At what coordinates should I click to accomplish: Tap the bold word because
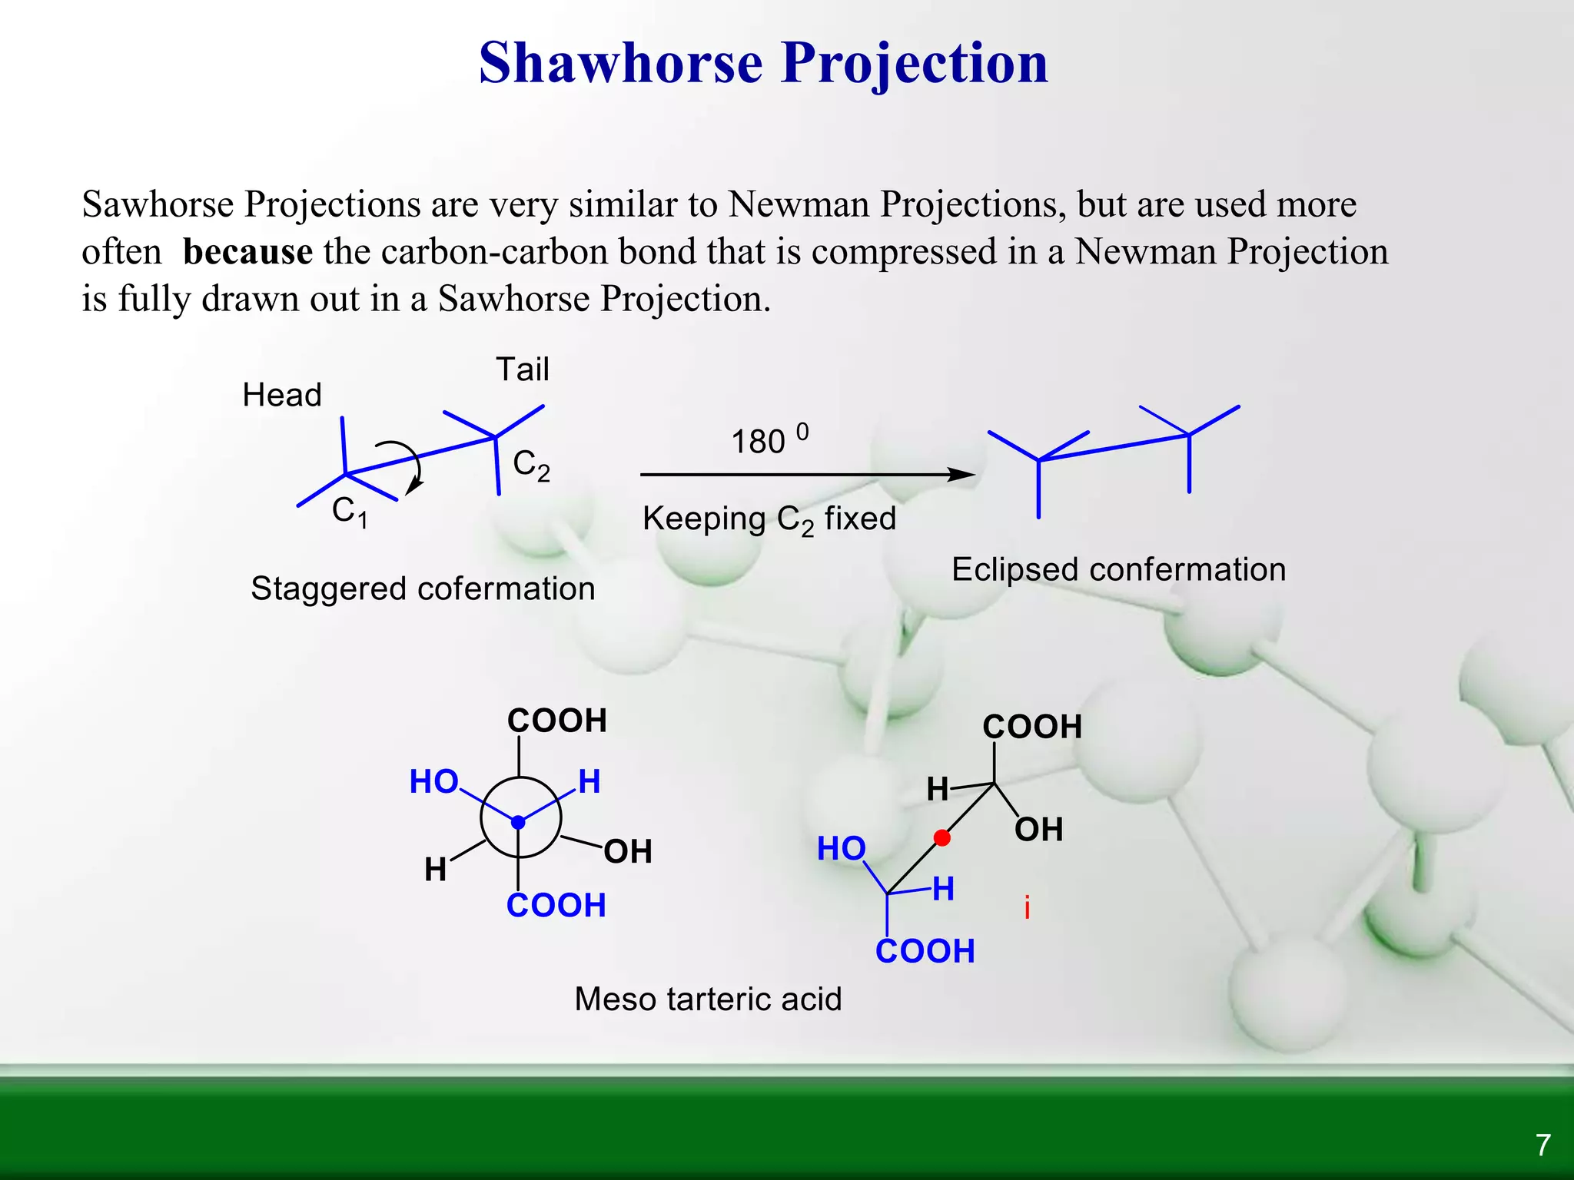(247, 252)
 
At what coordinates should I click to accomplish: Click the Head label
(281, 395)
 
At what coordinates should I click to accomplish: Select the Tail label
(523, 370)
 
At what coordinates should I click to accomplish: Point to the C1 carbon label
(350, 512)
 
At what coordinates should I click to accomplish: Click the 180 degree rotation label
(769, 440)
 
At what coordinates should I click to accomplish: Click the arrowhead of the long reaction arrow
(962, 475)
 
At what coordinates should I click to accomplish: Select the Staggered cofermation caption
(423, 589)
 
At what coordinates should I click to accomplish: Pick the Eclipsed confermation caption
(1118, 570)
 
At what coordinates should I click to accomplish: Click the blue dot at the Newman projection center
(519, 822)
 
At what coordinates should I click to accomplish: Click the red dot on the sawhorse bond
(942, 838)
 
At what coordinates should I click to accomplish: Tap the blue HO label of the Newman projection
(434, 782)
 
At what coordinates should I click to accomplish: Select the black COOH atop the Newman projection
(557, 721)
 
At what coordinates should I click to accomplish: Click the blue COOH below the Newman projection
(556, 906)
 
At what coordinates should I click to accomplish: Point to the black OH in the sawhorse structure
(1039, 830)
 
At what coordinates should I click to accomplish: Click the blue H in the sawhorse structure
(944, 890)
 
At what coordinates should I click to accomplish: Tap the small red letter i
(1028, 908)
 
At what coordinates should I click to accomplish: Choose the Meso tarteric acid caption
(708, 999)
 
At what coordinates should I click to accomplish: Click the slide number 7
(1543, 1145)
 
